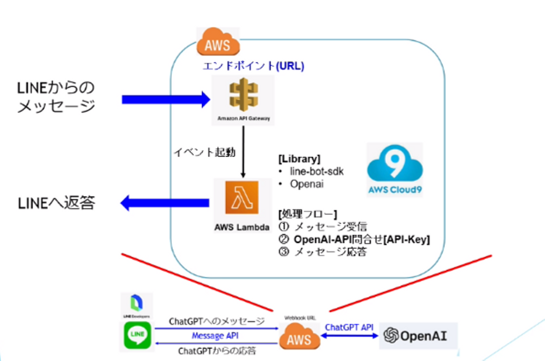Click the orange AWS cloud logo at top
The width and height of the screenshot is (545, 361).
click(218, 42)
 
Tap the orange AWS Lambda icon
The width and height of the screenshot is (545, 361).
click(242, 198)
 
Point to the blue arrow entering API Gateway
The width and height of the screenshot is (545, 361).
click(165, 100)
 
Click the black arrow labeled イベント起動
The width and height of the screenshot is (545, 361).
click(243, 151)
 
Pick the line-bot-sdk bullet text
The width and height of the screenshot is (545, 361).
click(316, 171)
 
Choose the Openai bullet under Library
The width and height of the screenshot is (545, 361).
click(307, 184)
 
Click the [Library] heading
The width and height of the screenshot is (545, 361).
click(299, 159)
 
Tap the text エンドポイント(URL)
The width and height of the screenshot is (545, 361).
click(253, 66)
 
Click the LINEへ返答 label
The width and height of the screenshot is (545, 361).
click(56, 203)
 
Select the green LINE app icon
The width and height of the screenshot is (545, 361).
click(137, 335)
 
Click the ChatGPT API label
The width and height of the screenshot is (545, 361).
click(349, 327)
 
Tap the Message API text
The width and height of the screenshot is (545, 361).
click(215, 336)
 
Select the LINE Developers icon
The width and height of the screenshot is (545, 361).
click(136, 305)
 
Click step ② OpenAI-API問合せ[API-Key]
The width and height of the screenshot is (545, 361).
click(354, 240)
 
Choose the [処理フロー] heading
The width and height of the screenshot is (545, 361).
click(307, 214)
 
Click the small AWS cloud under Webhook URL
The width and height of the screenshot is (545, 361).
click(299, 337)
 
